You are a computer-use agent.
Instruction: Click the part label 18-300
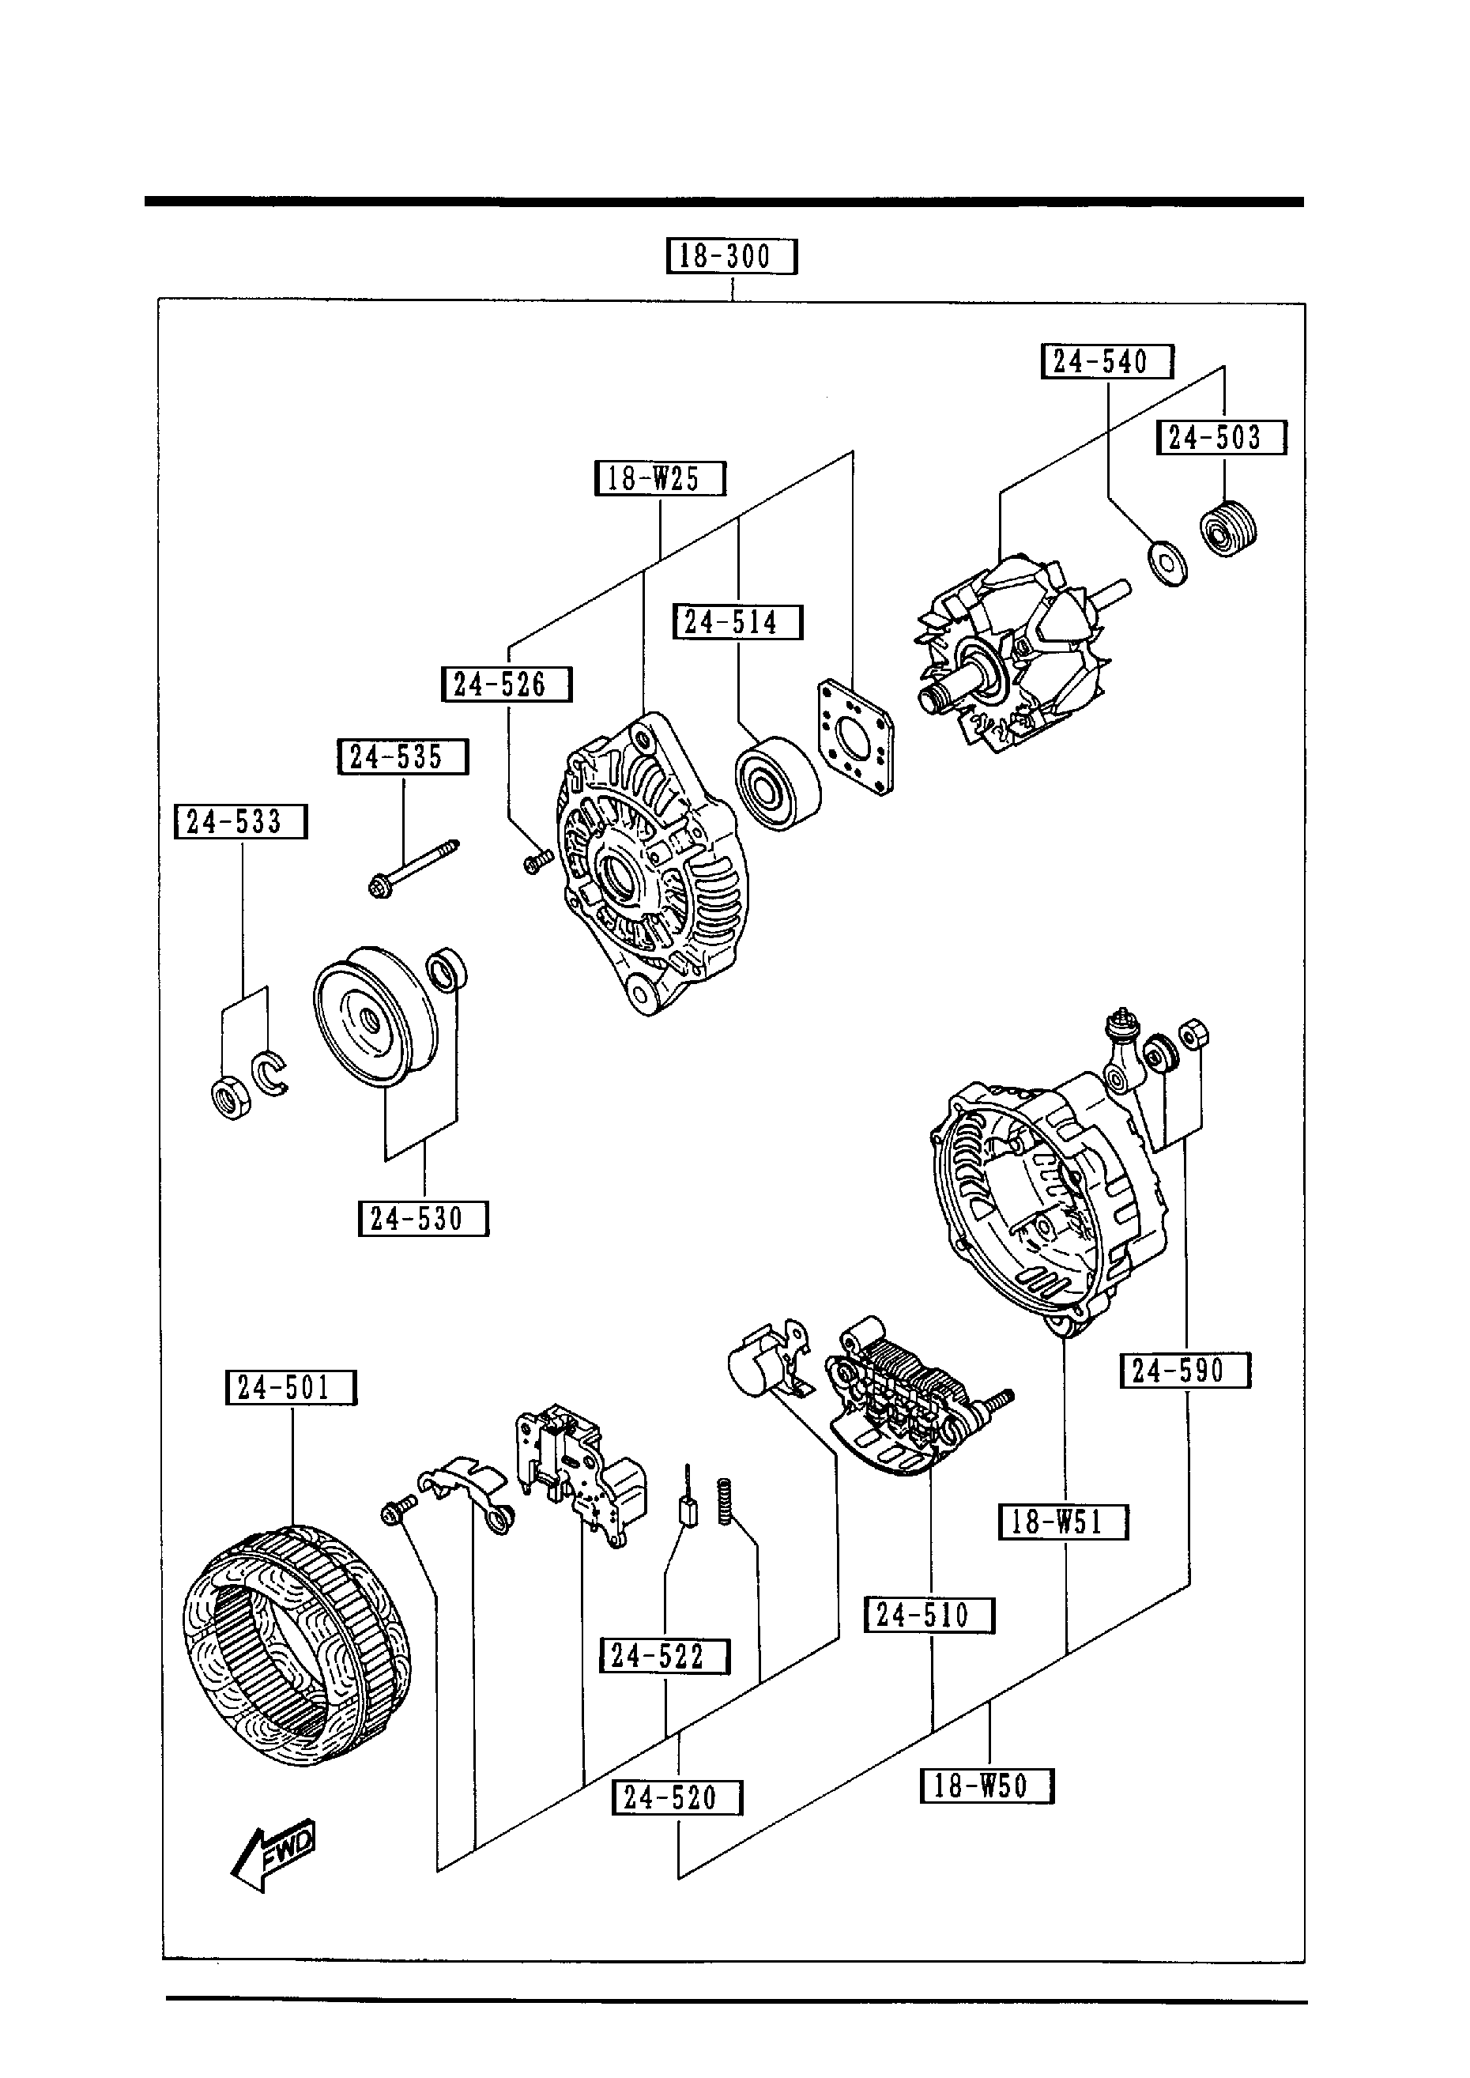click(731, 256)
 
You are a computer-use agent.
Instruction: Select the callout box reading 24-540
click(1106, 362)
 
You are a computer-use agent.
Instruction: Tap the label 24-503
click(1221, 438)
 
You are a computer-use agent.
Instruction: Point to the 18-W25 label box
click(660, 478)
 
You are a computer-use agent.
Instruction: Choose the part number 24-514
click(737, 623)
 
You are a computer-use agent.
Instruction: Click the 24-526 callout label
click(506, 684)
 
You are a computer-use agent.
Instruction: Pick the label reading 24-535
click(403, 756)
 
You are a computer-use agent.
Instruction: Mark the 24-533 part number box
click(241, 822)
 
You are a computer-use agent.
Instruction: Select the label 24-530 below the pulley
click(423, 1219)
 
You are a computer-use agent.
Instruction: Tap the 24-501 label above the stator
click(291, 1387)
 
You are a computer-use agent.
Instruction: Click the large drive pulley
click(373, 1017)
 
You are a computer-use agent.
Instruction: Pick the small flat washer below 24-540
click(1167, 562)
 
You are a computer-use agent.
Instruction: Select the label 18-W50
click(986, 1786)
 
